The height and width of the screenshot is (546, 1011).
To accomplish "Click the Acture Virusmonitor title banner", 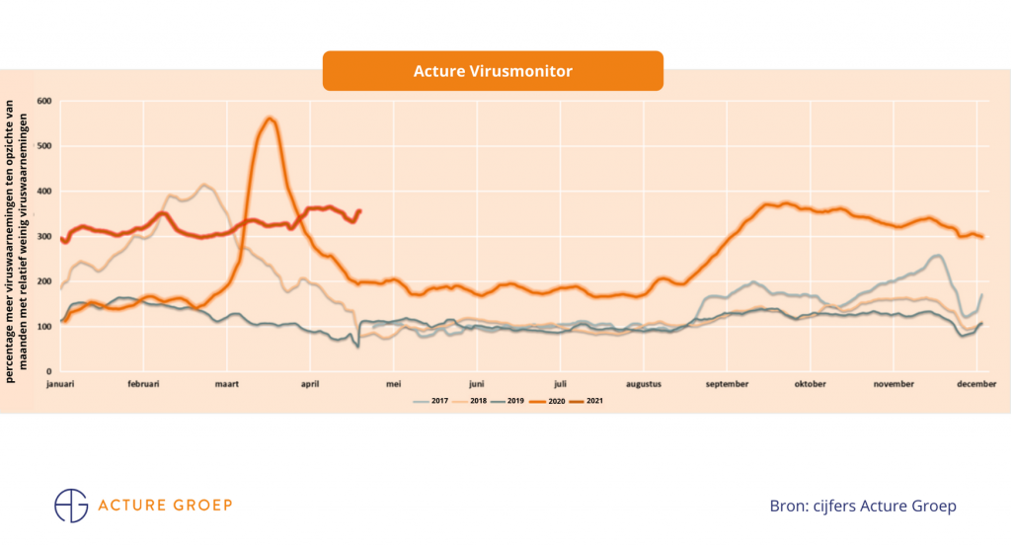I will pos(493,71).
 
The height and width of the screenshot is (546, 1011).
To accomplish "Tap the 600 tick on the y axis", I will pos(43,101).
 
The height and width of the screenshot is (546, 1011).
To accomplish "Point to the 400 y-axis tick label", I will pos(43,191).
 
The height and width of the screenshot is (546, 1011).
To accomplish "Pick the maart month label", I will pos(228,384).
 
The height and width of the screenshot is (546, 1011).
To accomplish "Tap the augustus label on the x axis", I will pos(643,384).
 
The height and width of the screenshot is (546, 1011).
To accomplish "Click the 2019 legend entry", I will pos(509,400).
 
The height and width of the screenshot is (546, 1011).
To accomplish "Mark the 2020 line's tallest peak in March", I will pos(270,119).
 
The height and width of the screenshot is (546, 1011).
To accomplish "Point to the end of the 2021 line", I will pos(359,210).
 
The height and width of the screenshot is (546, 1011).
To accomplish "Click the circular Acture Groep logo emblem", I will pos(71,505).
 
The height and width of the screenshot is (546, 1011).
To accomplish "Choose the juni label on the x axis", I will pos(477,384).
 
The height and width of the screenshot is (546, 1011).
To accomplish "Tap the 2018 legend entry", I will pos(471,400).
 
